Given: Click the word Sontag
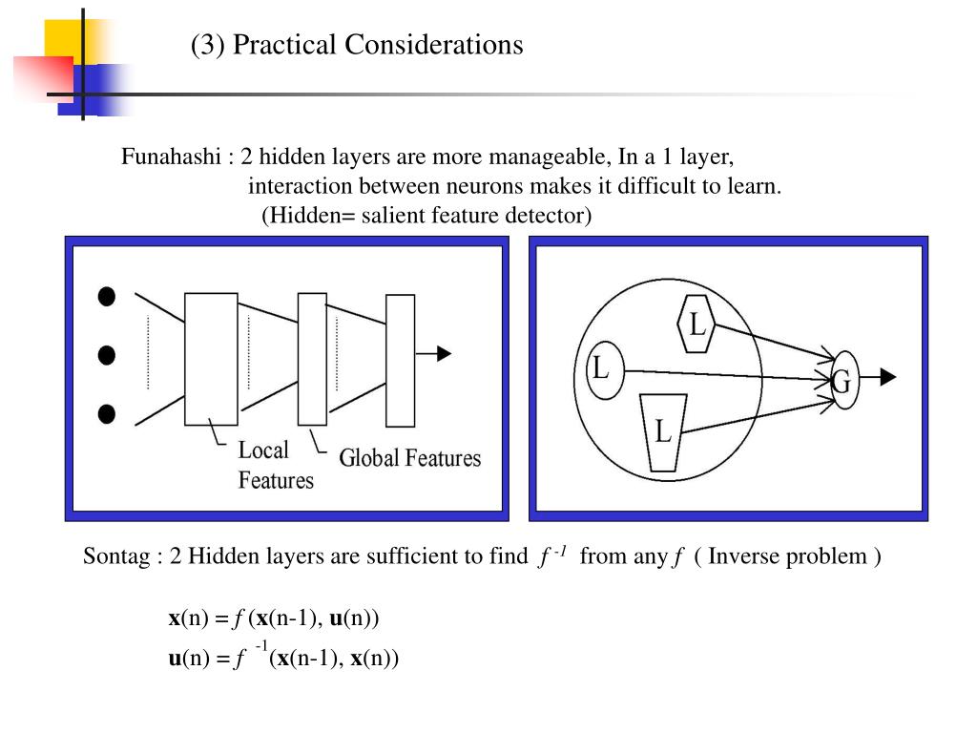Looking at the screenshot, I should click(x=115, y=556).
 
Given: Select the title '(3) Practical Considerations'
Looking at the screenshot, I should click(x=357, y=45).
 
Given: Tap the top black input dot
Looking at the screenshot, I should click(x=107, y=297).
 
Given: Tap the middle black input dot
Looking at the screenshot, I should click(x=107, y=355).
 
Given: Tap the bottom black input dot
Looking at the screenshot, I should click(x=107, y=414).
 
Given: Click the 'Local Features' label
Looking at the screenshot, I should click(x=275, y=465).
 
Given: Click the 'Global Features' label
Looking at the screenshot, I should click(x=410, y=458).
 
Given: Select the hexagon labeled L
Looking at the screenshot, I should click(x=697, y=325).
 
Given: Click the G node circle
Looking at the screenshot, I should click(x=842, y=380).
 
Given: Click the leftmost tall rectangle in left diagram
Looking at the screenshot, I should click(x=211, y=359).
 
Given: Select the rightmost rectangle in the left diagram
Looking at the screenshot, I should click(x=400, y=360).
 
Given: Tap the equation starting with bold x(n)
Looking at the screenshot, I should click(x=274, y=618).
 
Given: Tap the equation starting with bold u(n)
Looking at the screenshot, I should click(x=282, y=658).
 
